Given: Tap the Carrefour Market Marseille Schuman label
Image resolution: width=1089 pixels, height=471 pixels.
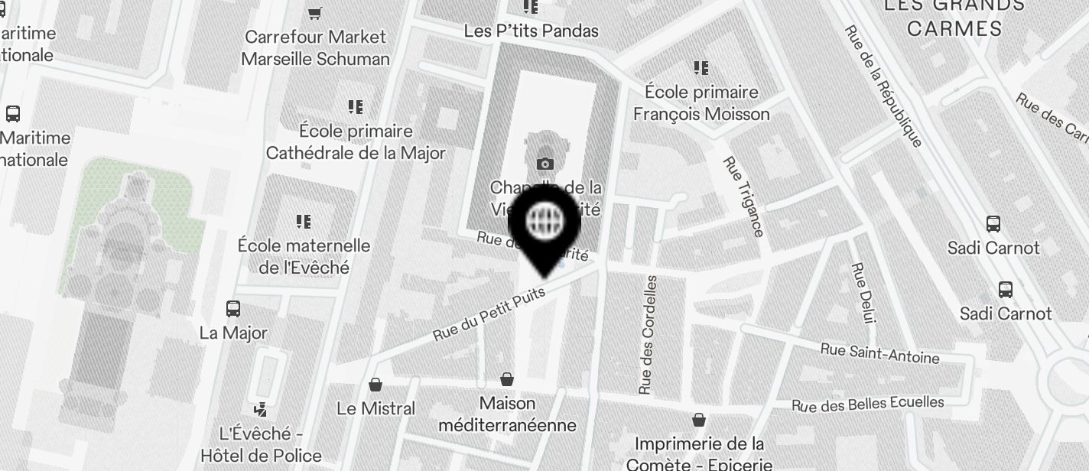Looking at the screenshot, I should pos(315,47).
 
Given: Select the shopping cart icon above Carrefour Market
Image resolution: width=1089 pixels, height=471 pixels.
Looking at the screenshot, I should pos(314,13).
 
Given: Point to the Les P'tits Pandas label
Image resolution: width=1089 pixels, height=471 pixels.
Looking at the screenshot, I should pos(531,31).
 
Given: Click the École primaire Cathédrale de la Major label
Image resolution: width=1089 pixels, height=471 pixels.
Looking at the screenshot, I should pos(356,142).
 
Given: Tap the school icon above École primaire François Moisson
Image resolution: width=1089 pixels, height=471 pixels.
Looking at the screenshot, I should pos(701,69).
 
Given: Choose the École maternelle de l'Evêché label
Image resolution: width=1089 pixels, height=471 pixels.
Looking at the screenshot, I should pos(304,256).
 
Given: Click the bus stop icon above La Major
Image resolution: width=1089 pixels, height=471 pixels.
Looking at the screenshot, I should pos(233,309).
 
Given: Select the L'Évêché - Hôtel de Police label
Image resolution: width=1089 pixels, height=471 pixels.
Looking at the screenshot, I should pos(261,445).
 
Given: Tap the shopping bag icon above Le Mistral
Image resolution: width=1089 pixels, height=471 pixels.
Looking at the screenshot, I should pos(375,384).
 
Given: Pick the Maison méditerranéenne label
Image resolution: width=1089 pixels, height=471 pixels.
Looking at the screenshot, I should pos(507,414).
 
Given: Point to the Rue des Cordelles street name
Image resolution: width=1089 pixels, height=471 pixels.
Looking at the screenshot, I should pos(648,335).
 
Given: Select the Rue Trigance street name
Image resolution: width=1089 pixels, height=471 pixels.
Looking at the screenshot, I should pos(743,197).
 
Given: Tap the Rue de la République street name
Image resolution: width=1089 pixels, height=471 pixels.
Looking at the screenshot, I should pos(883,86).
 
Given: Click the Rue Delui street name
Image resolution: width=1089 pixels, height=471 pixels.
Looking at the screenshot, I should pos(863,293).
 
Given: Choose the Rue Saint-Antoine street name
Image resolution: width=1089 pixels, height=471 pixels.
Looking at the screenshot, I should pos(879,353).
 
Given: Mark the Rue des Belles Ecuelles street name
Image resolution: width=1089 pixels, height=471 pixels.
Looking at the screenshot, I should pos(867,404).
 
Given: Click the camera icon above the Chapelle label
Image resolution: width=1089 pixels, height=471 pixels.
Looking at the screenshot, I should pos(544,164).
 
